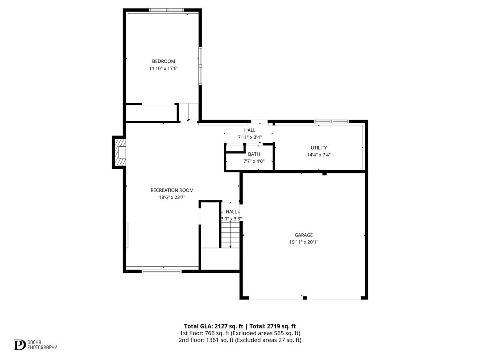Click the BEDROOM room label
tap(163, 61)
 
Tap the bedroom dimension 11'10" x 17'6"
tap(163, 68)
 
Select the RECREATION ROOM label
tap(172, 190)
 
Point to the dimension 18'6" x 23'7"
tap(172, 197)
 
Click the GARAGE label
tap(304, 235)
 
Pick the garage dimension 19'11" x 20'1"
tap(304, 242)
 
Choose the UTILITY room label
tap(319, 148)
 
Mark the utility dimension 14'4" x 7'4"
tap(319, 155)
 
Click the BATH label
tap(254, 154)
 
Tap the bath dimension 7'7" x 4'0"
tap(254, 161)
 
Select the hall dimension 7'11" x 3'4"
tap(250, 137)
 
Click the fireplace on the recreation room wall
tap(120, 152)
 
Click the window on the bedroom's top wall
tap(166, 10)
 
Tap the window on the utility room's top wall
tap(331, 122)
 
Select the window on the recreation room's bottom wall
tap(162, 271)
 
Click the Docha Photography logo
tap(35, 344)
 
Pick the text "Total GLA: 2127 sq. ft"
tap(213, 326)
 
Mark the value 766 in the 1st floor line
tap(210, 333)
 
